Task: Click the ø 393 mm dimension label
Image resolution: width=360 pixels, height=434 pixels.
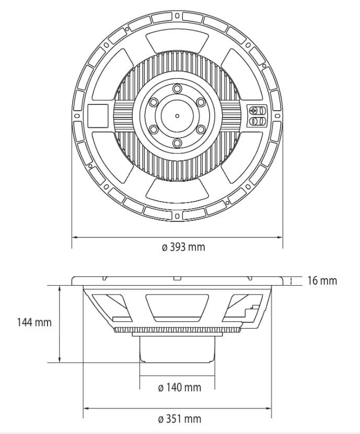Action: tap(183, 247)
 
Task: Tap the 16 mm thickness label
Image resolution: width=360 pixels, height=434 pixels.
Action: tap(322, 280)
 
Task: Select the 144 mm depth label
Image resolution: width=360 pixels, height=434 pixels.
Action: tap(34, 322)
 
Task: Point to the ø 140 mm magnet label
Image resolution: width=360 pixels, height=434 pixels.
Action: tap(180, 387)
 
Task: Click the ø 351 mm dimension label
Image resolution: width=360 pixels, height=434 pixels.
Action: tap(180, 419)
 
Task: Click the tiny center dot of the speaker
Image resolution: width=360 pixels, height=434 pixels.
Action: tap(177, 116)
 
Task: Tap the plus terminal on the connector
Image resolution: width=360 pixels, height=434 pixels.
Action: tap(253, 110)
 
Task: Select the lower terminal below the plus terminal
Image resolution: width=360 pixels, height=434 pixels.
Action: tap(253, 121)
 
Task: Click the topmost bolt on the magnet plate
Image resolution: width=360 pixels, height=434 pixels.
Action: tap(177, 89)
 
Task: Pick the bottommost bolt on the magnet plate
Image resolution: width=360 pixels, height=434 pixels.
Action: tap(177, 143)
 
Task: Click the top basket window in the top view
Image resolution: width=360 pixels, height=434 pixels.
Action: tap(177, 41)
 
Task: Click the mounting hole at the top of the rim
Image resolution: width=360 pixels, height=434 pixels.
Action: tap(177, 16)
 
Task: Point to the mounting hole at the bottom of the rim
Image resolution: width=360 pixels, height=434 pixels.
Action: tap(178, 216)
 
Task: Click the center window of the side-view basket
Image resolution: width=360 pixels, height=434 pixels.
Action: tap(177, 308)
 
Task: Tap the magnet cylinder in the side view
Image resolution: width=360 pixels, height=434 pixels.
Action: tap(177, 349)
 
